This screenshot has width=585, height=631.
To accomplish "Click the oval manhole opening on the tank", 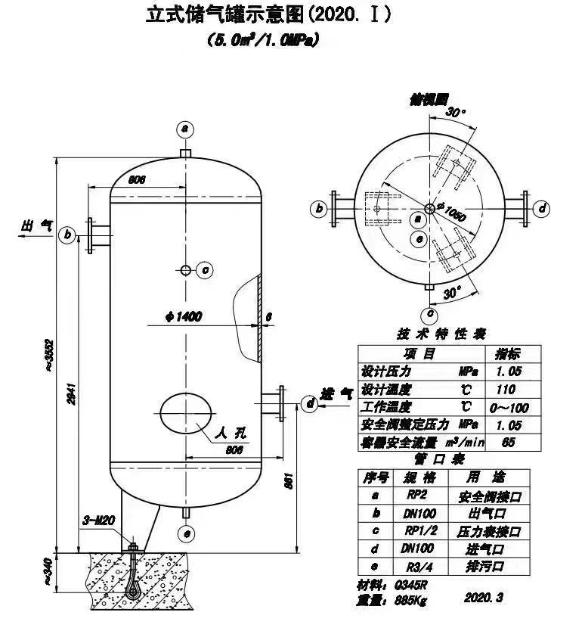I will click(185, 413).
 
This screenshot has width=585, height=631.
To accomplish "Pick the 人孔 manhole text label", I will click(231, 434).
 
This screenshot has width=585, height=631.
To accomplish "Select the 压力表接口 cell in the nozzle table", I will click(489, 531).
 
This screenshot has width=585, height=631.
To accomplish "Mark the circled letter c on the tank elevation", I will click(205, 269).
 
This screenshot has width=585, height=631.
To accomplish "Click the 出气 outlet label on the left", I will click(37, 225).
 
